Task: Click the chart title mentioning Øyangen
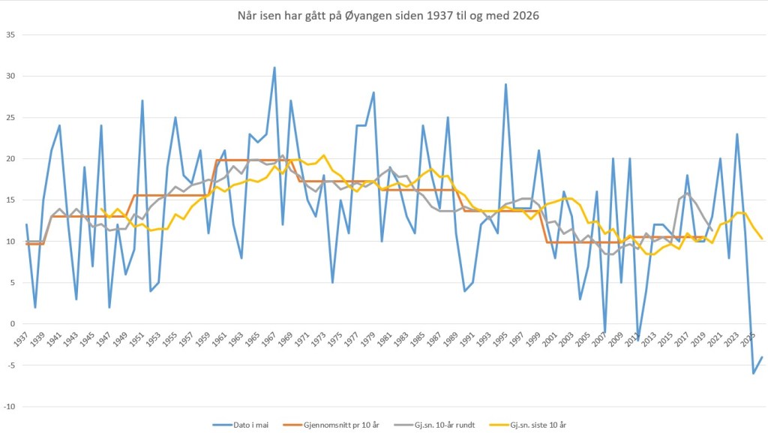pos(384,15)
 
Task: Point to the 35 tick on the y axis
pos(10,35)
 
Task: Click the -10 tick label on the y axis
pos(9,407)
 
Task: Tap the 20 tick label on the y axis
pos(10,159)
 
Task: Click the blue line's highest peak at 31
pos(274,68)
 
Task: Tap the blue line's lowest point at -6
pos(754,373)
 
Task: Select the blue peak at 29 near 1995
pos(505,84)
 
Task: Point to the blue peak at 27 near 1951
pos(142,101)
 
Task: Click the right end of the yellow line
pos(762,239)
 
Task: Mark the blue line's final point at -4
pos(762,357)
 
